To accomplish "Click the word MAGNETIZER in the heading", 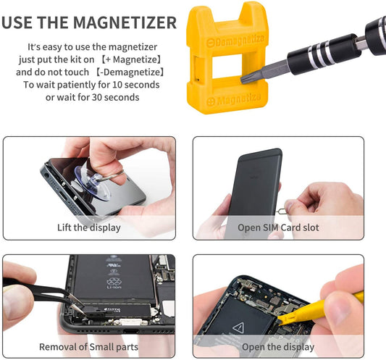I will (x=123, y=22).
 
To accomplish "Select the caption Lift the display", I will (x=88, y=227).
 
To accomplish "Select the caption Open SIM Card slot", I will (x=277, y=227).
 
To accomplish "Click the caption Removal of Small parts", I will (x=88, y=346).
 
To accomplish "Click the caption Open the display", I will (x=277, y=346).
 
